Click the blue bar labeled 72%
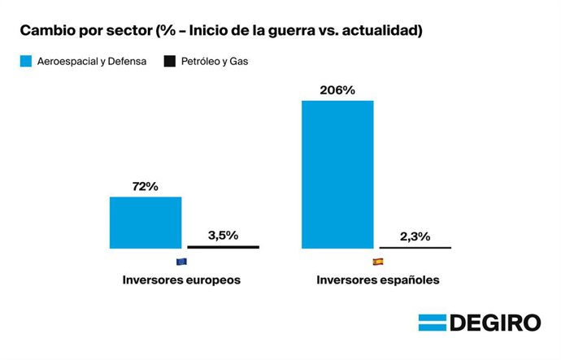coord(146,222)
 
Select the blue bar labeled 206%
coord(337,174)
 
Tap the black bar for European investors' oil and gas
coord(224,246)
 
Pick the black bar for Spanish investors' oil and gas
coord(415,247)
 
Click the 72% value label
coord(145,186)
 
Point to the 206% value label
coord(337,90)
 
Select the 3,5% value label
coord(223,236)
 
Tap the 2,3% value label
coord(415,236)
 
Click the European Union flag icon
coord(181,262)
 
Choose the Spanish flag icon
coord(377,262)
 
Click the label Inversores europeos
coord(182,280)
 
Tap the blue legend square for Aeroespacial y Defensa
coord(25,61)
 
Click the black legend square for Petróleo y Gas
coord(169,61)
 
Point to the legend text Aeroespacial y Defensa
coord(92,61)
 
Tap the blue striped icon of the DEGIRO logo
coord(432,323)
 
